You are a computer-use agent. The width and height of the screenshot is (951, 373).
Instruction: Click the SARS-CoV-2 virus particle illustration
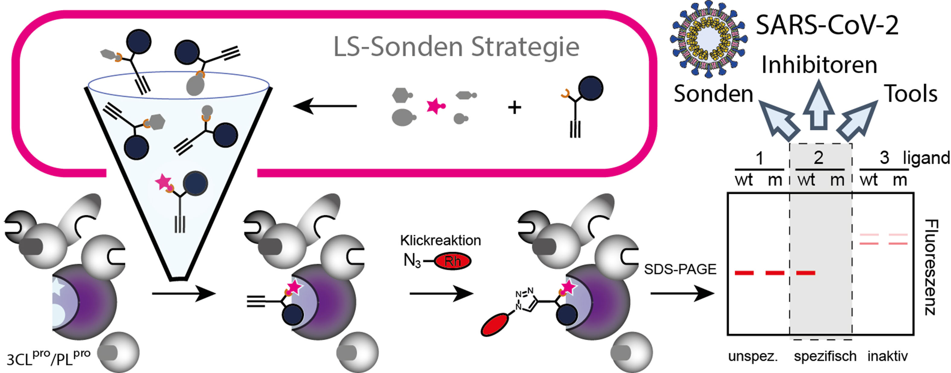point(709,39)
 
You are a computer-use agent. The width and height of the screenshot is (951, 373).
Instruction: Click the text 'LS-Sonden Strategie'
point(456,47)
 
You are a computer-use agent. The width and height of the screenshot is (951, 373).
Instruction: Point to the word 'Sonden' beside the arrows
point(713,94)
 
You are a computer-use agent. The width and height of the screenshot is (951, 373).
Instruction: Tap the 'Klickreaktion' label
point(440,240)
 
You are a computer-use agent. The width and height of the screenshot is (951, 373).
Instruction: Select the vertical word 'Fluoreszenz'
point(931,267)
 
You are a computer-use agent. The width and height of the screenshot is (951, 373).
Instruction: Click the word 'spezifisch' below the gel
point(825,356)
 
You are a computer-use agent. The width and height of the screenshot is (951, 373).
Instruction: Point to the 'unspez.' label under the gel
point(753,356)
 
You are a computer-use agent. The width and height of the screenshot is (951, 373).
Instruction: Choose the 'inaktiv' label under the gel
point(887,356)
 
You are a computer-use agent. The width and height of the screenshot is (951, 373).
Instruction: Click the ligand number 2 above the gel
point(818,158)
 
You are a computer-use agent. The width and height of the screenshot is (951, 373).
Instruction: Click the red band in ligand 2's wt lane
point(805,273)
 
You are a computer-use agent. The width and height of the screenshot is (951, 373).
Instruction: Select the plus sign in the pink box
point(514,108)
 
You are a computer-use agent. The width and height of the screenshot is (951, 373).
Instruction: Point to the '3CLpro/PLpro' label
point(48,358)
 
